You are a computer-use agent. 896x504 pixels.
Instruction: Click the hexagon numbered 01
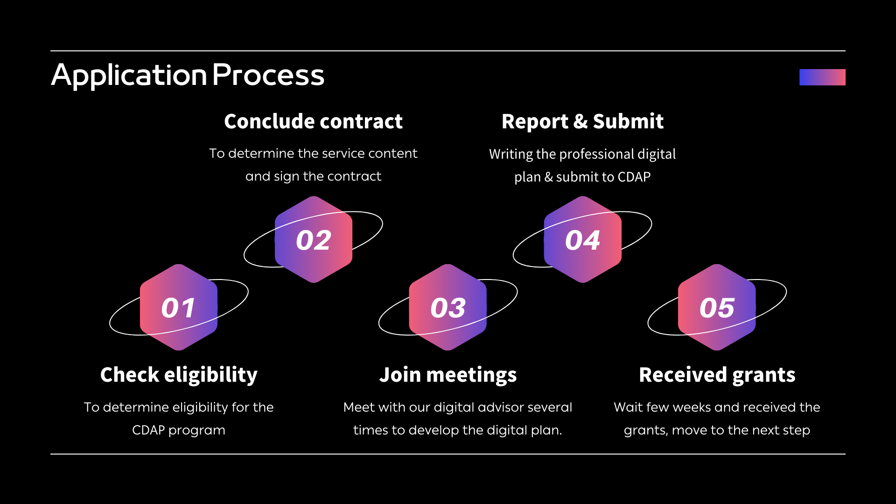178,308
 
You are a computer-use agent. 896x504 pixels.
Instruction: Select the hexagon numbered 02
313,240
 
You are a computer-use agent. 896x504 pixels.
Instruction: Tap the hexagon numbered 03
448,308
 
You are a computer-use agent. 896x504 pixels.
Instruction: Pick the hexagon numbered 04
582,240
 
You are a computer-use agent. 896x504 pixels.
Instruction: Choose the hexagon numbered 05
717,308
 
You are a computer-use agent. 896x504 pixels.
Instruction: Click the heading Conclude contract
313,121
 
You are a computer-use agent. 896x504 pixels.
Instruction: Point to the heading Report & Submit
582,121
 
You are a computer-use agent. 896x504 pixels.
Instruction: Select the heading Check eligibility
179,375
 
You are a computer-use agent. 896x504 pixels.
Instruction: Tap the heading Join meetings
448,375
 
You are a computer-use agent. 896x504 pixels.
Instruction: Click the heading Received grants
717,375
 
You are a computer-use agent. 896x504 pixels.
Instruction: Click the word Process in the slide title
268,75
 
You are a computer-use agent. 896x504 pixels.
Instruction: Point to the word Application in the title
129,75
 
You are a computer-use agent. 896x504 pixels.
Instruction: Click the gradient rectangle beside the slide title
822,77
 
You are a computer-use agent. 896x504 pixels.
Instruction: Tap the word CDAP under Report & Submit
634,177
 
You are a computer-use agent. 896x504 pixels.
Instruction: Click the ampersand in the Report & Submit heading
580,121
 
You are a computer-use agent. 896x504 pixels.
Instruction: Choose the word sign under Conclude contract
286,176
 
